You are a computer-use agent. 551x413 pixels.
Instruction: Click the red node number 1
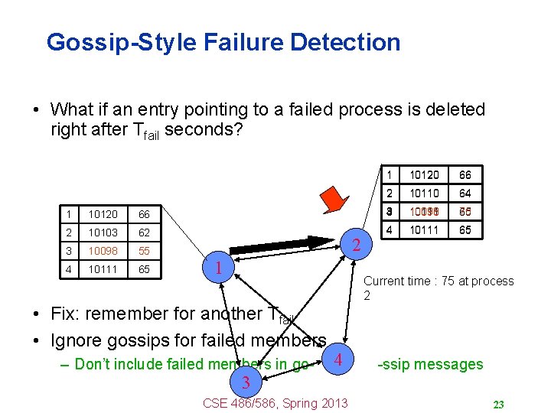[x=218, y=268]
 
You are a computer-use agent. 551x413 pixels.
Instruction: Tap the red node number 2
[x=355, y=246]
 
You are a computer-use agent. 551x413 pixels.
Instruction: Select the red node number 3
[x=244, y=382]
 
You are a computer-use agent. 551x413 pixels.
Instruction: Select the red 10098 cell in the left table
[x=102, y=251]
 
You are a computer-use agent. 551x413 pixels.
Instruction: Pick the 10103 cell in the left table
[x=102, y=230]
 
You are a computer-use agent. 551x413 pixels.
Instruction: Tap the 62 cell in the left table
[x=143, y=230]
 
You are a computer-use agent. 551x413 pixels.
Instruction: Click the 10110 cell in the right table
[x=425, y=193]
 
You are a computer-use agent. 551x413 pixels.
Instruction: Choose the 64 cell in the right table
[x=465, y=193]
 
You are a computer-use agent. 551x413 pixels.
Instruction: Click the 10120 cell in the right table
[x=425, y=175]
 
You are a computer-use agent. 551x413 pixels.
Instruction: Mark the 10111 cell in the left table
[x=102, y=271]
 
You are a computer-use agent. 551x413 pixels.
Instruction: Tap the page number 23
[x=497, y=404]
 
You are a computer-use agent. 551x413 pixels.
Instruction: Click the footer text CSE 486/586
[x=246, y=403]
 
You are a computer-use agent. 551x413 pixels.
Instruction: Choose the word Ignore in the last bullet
[x=76, y=340]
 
